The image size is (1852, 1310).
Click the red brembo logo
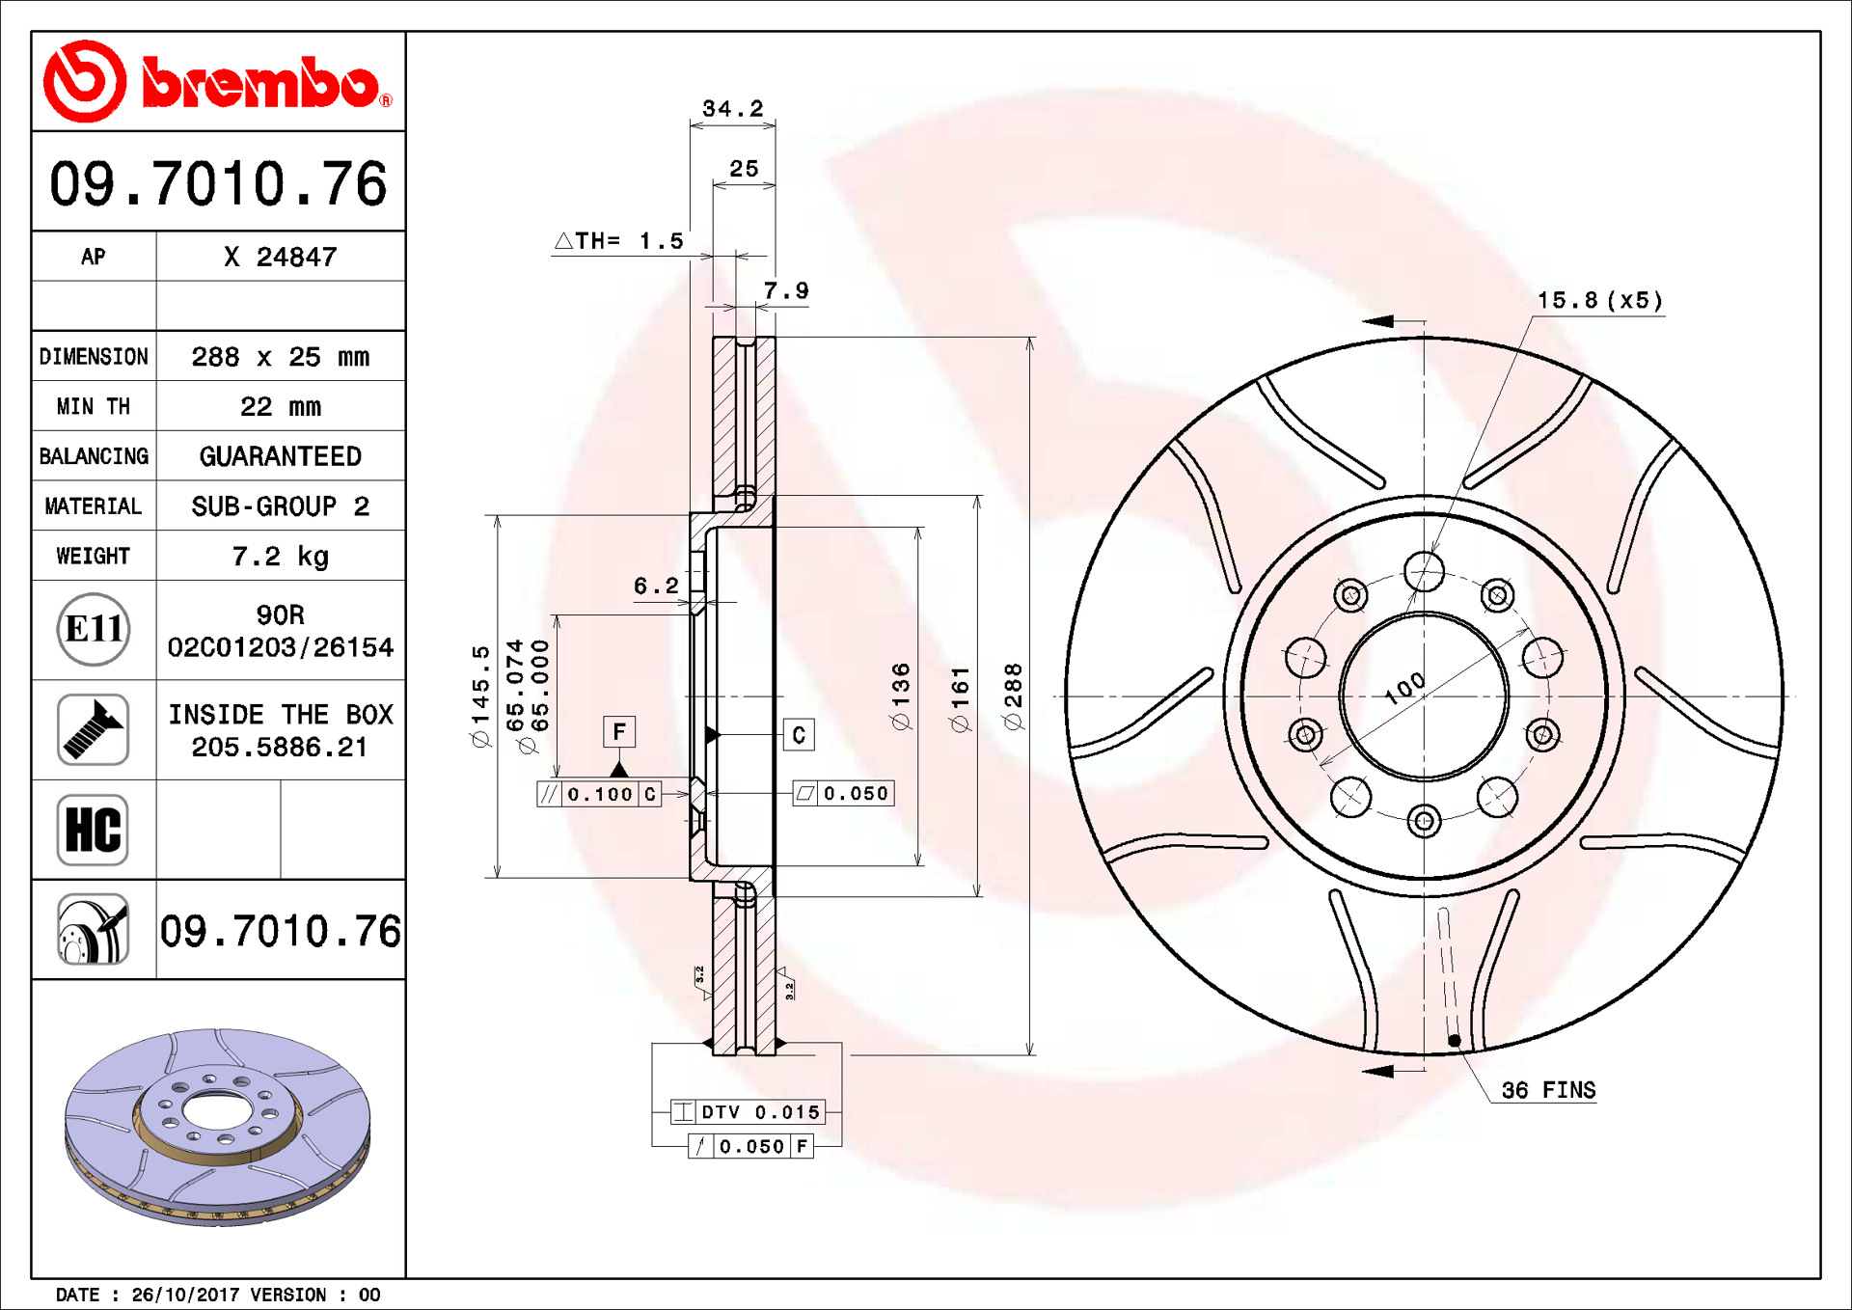[217, 82]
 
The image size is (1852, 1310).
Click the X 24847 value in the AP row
[280, 257]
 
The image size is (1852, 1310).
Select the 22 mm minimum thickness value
[280, 406]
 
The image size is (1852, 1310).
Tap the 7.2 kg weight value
[280, 556]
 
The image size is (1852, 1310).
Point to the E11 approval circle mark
[93, 629]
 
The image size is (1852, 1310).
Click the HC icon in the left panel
[93, 830]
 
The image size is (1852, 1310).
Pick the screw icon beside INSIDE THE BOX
[93, 729]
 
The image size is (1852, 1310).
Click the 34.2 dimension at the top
[732, 108]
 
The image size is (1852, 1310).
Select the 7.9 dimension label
[786, 290]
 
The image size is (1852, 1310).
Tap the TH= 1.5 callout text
[620, 240]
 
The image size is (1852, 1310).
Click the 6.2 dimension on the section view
[656, 586]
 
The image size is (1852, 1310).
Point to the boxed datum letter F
[619, 731]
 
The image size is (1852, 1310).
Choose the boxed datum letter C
[799, 735]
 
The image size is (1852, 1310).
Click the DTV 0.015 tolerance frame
[749, 1112]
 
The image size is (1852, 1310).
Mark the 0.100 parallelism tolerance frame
[598, 794]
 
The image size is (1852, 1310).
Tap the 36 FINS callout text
[1547, 1090]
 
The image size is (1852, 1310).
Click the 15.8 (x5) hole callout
[1599, 300]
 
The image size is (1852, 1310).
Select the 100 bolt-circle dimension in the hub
[1404, 687]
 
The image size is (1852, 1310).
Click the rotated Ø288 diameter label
[1013, 696]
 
